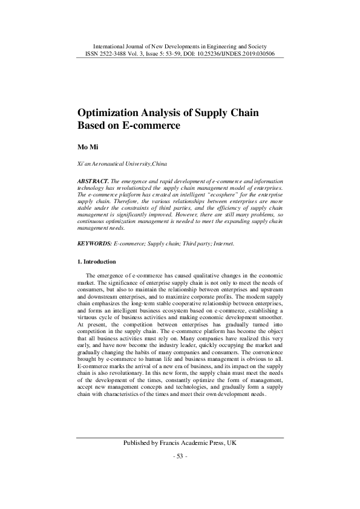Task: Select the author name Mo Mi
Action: (x=86, y=147)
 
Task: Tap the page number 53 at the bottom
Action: (x=180, y=455)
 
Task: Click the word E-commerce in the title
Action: (x=151, y=125)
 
